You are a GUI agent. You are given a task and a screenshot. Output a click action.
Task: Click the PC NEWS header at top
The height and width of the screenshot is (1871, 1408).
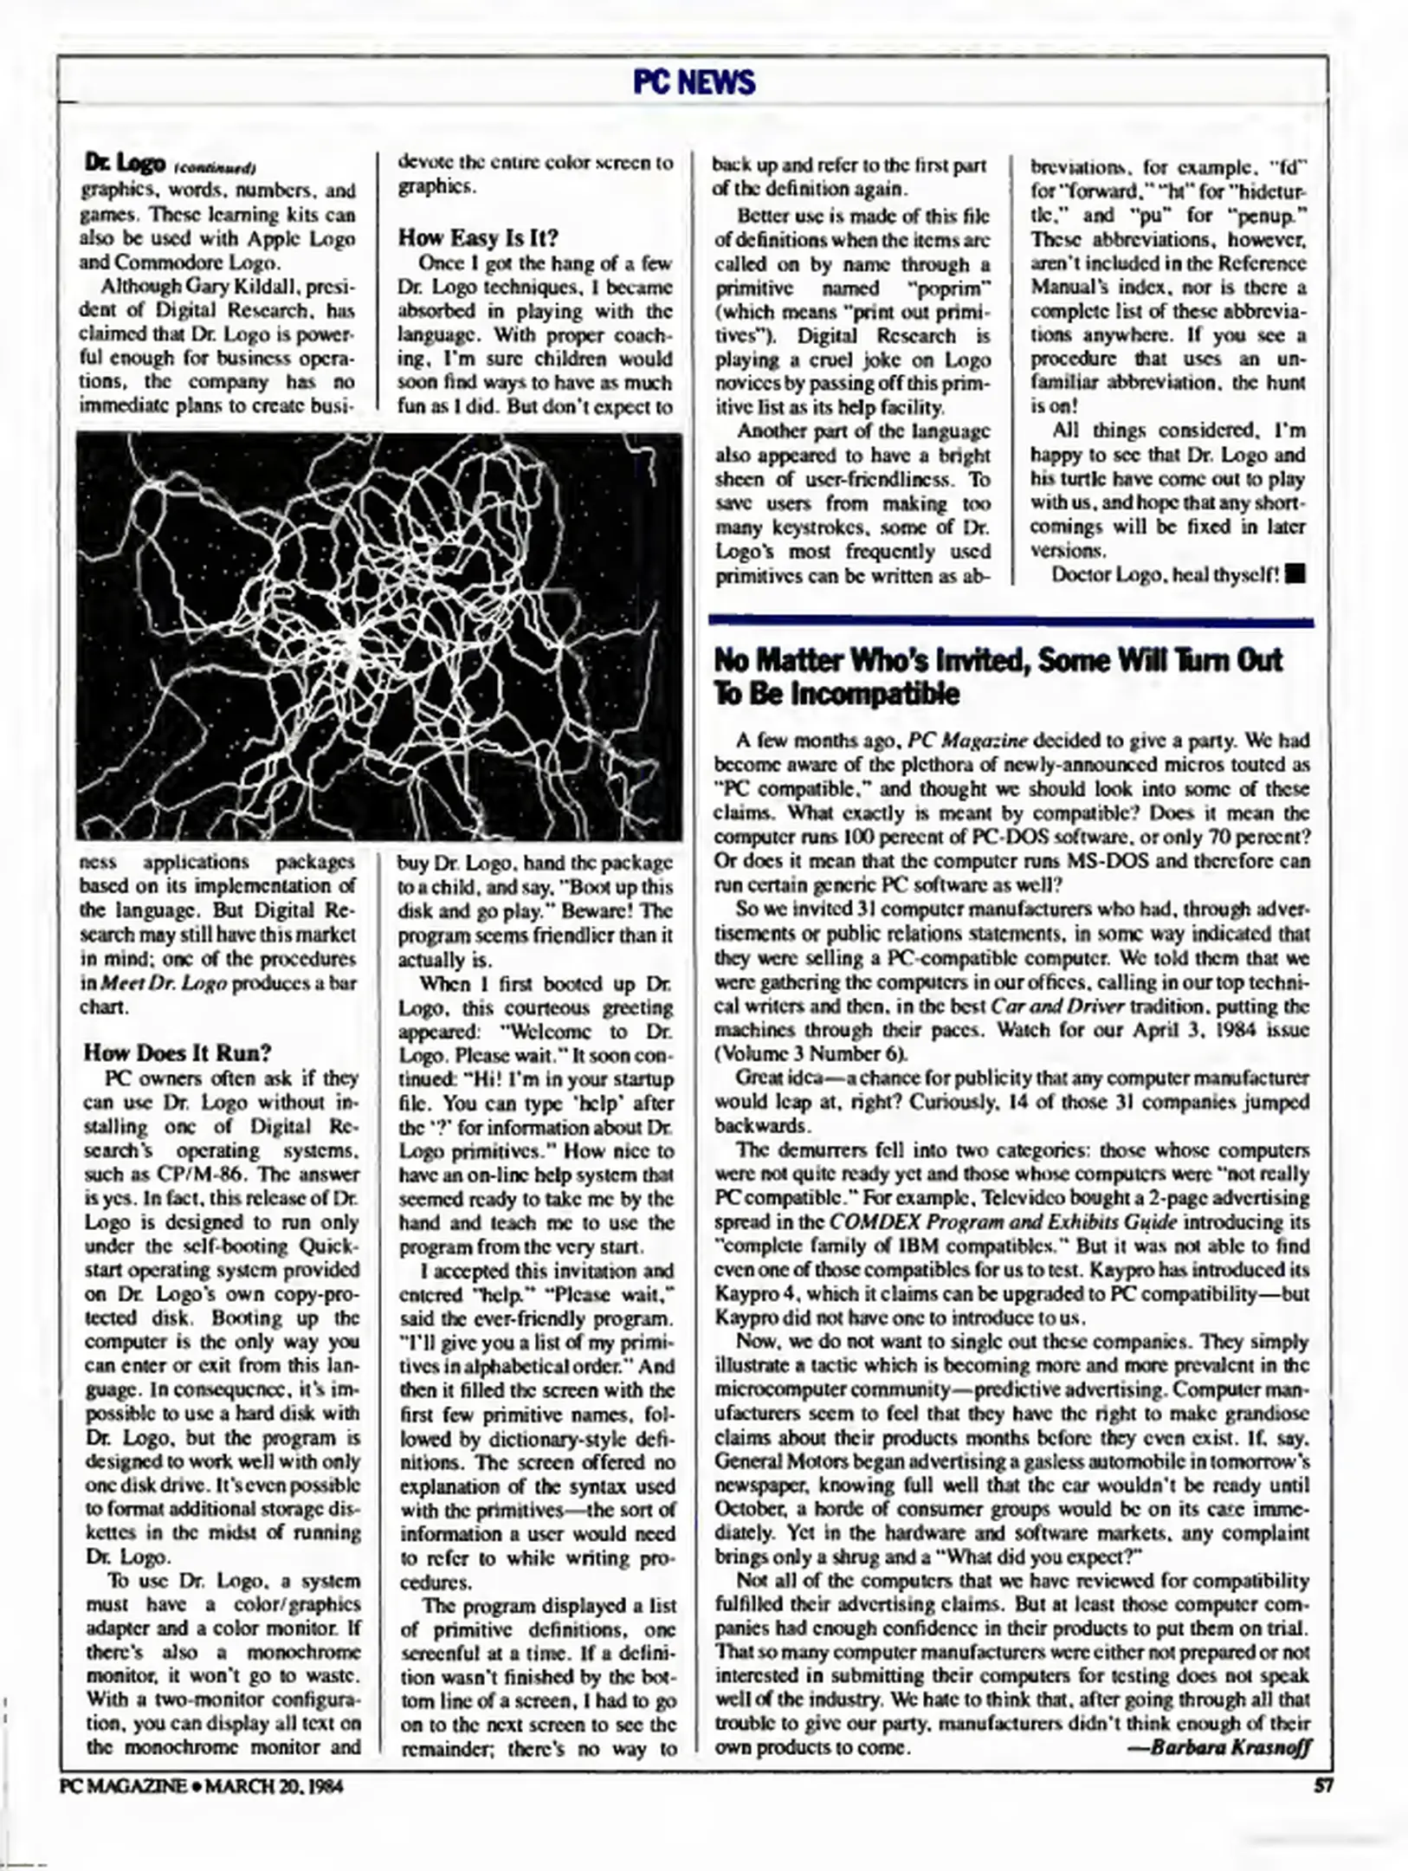(694, 82)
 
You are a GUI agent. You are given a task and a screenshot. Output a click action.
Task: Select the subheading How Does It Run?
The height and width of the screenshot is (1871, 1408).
(178, 1052)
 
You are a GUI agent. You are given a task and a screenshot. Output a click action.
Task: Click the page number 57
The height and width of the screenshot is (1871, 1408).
(1321, 1786)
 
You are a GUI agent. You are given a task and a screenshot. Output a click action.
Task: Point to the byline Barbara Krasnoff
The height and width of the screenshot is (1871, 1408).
(1230, 1746)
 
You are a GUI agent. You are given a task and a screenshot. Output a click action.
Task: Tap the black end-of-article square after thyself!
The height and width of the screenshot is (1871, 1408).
(1296, 574)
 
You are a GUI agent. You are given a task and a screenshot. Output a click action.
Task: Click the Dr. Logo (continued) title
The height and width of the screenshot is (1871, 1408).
(169, 162)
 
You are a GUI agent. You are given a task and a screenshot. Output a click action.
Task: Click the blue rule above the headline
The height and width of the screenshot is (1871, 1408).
(1010, 621)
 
